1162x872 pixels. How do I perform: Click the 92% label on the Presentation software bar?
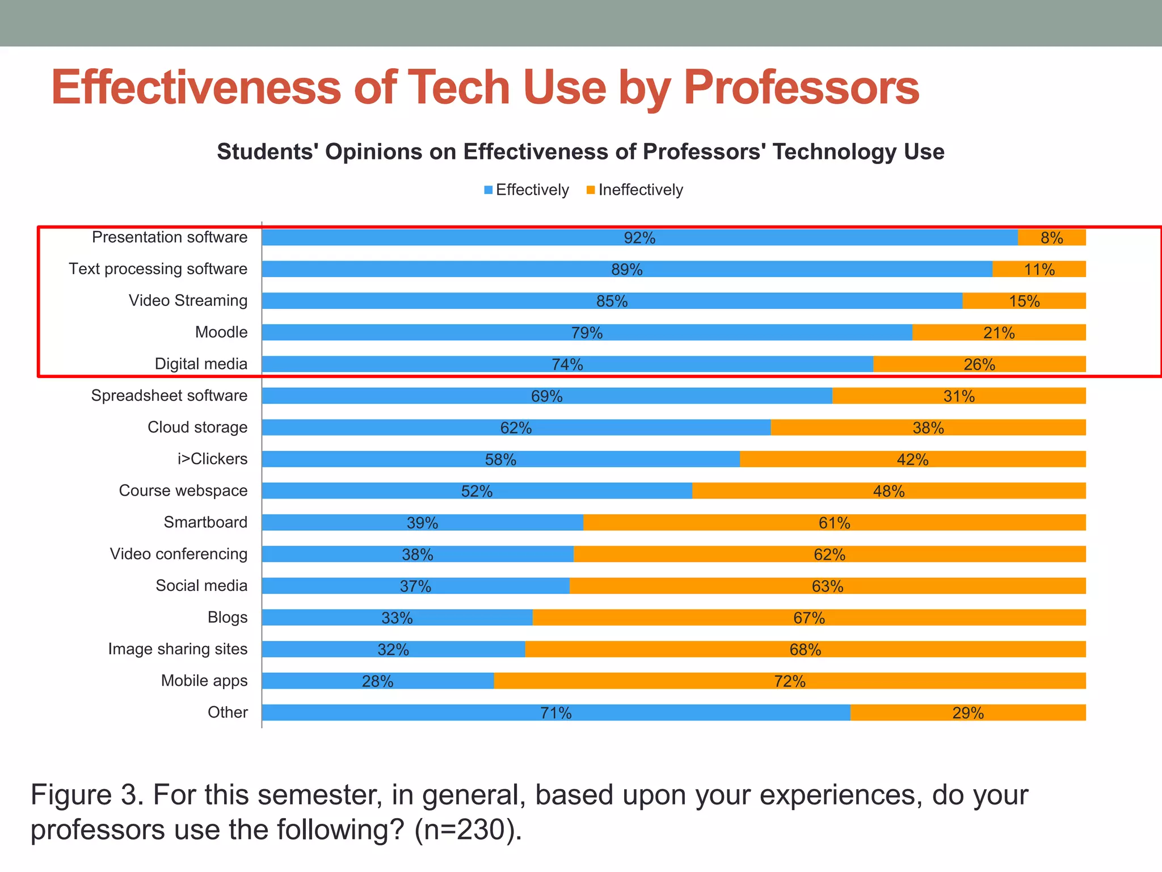point(639,238)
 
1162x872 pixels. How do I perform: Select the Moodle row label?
point(221,332)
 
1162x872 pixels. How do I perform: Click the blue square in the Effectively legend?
point(488,190)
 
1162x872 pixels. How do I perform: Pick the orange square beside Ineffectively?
point(591,190)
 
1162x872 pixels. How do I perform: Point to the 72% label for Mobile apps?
point(789,681)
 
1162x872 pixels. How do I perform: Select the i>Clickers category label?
point(212,459)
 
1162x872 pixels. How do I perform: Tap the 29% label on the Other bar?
point(968,713)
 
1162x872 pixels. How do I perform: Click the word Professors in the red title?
point(801,88)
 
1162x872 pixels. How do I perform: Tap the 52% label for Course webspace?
point(477,491)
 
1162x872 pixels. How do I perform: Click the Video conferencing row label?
point(179,554)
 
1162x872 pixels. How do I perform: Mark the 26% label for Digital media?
point(979,364)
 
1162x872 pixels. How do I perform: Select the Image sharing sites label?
point(178,649)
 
